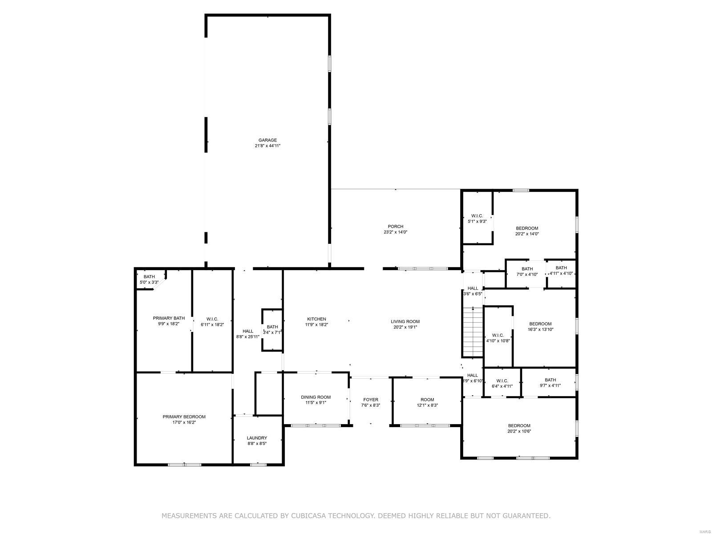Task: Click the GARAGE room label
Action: pos(267,140)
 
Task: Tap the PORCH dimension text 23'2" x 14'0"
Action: pos(395,232)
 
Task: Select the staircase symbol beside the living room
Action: pos(473,332)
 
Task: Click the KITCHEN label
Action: pos(316,319)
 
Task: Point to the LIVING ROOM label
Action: pos(405,321)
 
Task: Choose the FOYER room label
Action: pos(370,400)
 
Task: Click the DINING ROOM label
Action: pos(316,397)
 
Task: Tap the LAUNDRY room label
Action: pos(257,438)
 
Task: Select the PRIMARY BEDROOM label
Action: pos(184,417)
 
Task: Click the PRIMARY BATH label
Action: pos(169,318)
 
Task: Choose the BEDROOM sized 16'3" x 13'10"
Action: pos(540,324)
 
